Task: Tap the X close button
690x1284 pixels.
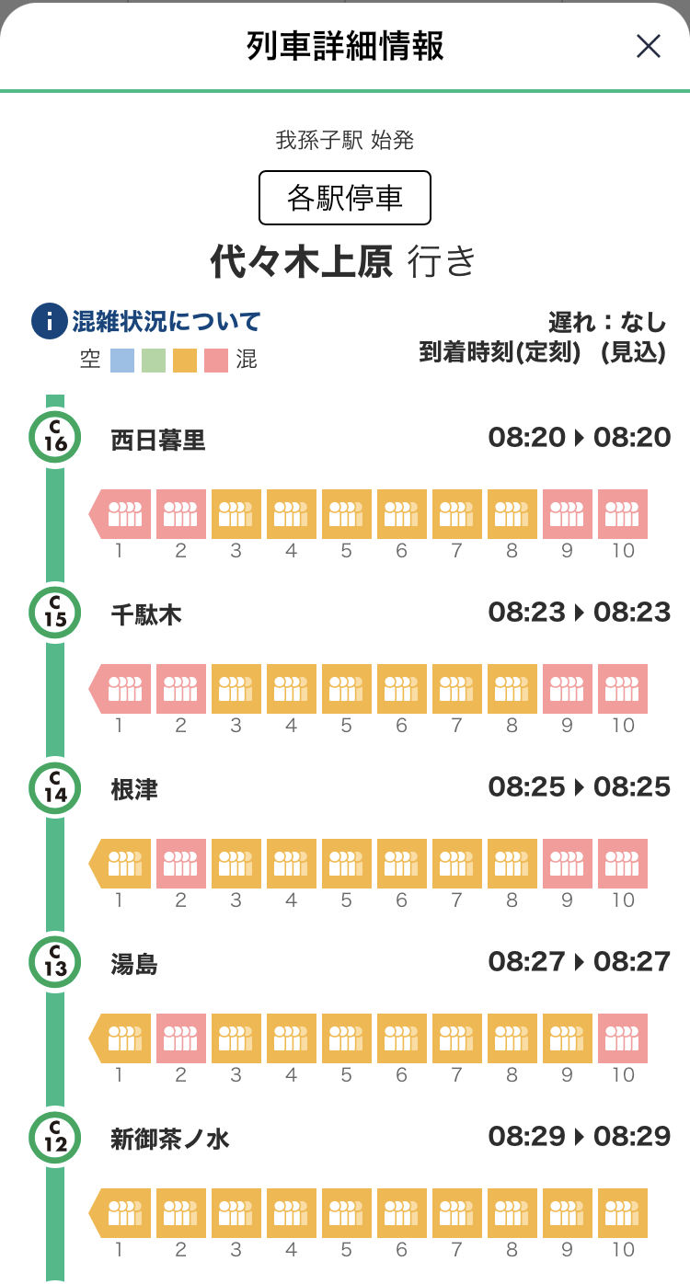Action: [649, 46]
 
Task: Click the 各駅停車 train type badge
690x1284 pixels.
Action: [345, 198]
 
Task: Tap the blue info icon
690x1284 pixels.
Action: [49, 322]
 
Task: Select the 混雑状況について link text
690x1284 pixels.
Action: [167, 322]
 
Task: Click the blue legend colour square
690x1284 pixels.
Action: [122, 360]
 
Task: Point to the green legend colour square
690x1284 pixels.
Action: [154, 360]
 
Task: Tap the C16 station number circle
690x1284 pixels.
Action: [55, 437]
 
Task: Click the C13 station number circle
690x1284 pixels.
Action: [55, 961]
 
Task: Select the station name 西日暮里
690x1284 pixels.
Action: [157, 441]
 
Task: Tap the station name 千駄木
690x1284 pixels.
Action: [145, 615]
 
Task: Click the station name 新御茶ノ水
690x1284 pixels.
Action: [169, 1140]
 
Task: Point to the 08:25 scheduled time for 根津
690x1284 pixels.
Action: [526, 787]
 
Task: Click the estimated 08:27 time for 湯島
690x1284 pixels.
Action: [632, 962]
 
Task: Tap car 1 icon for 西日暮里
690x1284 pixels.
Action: [121, 514]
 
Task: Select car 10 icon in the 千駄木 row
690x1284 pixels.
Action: [623, 689]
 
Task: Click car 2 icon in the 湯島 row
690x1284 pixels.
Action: [181, 1038]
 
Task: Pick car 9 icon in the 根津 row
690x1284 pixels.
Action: [568, 864]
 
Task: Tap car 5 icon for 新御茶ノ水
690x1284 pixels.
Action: [347, 1213]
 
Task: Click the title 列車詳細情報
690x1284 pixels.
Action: [345, 46]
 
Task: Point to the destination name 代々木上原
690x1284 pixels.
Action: [302, 261]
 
